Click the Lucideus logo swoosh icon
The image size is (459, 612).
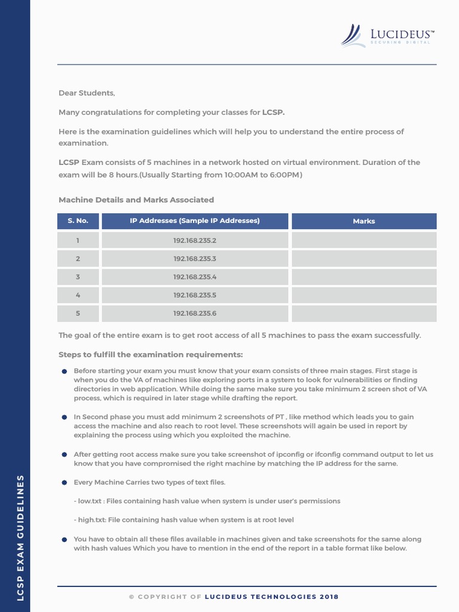coord(352,35)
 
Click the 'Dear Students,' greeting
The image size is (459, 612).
coord(87,93)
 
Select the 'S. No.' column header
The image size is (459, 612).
coord(78,221)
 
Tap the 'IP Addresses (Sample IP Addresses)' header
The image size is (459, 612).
coord(195,221)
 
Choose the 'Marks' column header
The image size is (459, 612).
coord(363,221)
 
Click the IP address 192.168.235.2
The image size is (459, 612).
coord(195,241)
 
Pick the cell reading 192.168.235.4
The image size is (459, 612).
coord(195,277)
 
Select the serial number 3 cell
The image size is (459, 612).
coord(78,277)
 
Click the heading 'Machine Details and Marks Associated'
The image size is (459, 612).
coord(136,200)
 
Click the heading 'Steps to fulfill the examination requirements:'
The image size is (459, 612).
coord(151,354)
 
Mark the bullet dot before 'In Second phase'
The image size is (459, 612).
coord(65,417)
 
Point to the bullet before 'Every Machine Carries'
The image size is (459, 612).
coord(65,482)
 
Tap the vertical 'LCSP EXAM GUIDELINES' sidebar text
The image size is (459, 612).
coord(20,538)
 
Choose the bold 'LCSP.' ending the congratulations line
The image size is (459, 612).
coord(274,112)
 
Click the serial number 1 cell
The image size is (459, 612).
coord(78,241)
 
